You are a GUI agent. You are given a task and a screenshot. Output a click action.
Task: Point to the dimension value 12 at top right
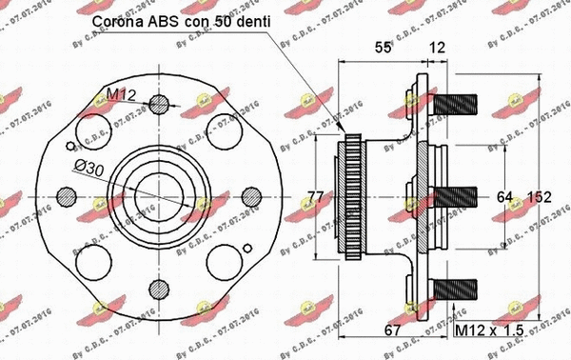click(x=437, y=47)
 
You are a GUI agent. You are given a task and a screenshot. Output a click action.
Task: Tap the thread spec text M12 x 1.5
click(x=489, y=330)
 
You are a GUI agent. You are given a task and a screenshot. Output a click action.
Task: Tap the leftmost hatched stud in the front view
click(x=66, y=196)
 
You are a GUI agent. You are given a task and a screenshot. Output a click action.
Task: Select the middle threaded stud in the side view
click(x=461, y=198)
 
